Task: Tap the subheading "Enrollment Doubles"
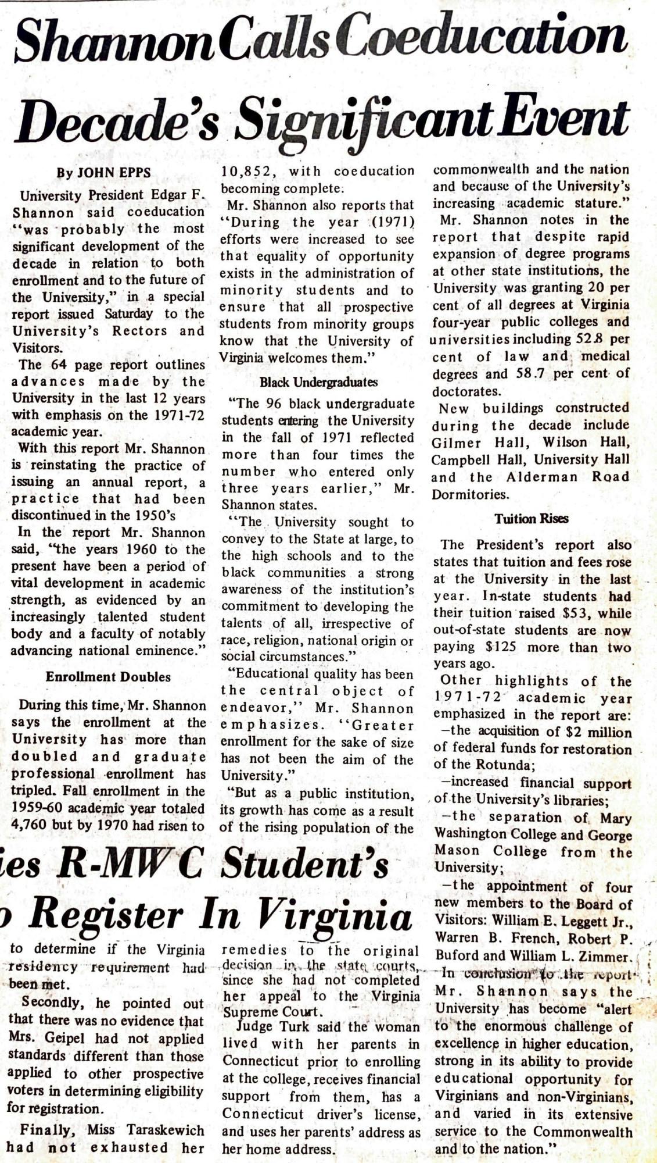click(108, 677)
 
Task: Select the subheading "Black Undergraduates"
click(318, 382)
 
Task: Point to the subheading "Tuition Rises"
click(531, 519)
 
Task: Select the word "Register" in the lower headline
click(110, 916)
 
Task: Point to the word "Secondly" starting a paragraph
click(48, 1003)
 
